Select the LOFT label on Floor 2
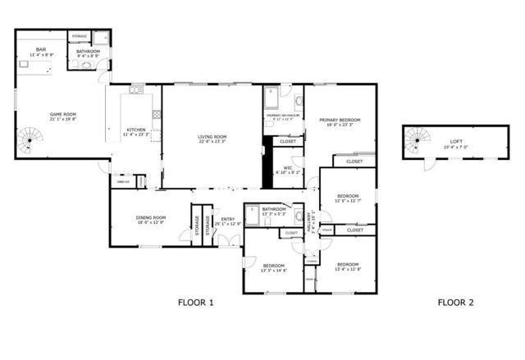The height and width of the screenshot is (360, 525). [x=456, y=141]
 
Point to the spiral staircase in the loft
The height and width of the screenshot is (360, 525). [x=416, y=147]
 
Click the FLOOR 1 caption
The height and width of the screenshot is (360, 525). [x=195, y=303]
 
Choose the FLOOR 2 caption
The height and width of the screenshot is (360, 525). [x=454, y=303]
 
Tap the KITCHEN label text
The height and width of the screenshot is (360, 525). [x=136, y=130]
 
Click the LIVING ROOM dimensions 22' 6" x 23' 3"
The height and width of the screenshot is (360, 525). [x=212, y=142]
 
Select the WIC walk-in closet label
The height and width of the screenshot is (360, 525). [x=288, y=167]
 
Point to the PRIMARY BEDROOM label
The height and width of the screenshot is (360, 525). [x=340, y=121]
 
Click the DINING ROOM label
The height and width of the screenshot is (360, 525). [x=151, y=217]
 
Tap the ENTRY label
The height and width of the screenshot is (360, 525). [x=228, y=219]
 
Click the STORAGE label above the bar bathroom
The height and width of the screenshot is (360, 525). [x=80, y=37]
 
